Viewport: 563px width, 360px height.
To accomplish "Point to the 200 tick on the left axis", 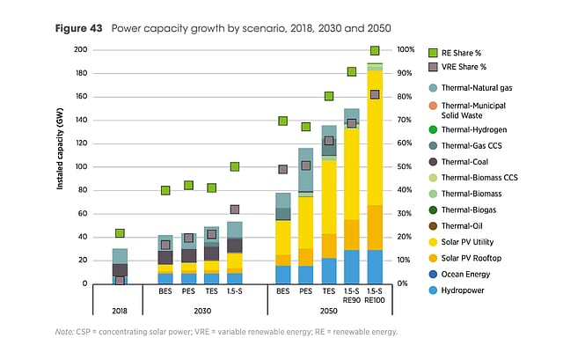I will tap(79, 50).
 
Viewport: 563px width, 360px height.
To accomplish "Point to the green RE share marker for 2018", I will tap(120, 233).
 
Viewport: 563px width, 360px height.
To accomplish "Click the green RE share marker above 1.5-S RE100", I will tap(375, 50).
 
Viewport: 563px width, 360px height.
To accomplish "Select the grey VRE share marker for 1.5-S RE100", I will tap(375, 94).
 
